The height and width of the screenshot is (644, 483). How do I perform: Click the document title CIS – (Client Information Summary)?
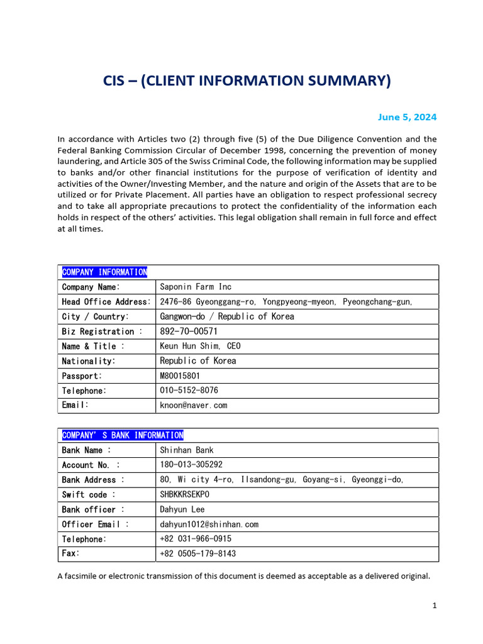point(247,81)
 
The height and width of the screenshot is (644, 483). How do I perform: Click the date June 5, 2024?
point(406,117)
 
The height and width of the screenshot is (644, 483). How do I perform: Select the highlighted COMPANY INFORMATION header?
point(104,272)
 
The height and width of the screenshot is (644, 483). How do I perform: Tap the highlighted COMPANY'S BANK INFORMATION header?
point(123,435)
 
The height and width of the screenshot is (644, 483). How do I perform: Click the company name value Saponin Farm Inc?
point(196,287)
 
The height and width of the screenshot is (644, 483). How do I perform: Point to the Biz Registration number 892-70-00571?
point(189,331)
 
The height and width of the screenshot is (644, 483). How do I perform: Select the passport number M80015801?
point(180,376)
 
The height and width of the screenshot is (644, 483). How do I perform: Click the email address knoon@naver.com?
point(193,406)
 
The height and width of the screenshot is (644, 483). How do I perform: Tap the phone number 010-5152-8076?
point(189,391)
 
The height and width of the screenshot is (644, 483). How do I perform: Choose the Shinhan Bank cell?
point(187,450)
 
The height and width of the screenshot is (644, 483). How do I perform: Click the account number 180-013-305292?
point(191,465)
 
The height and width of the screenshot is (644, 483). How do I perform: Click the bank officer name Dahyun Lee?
point(182,509)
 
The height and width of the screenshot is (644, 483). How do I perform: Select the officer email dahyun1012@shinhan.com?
point(209,525)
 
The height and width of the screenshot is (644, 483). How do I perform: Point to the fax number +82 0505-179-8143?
point(198,554)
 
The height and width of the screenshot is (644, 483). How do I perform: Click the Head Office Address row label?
point(106,302)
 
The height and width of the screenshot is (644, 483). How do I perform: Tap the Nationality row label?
point(89,362)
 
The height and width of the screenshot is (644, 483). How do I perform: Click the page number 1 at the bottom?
point(434,606)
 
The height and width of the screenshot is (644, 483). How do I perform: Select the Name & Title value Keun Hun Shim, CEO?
point(200,347)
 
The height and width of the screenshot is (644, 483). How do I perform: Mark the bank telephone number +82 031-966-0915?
point(196,539)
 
